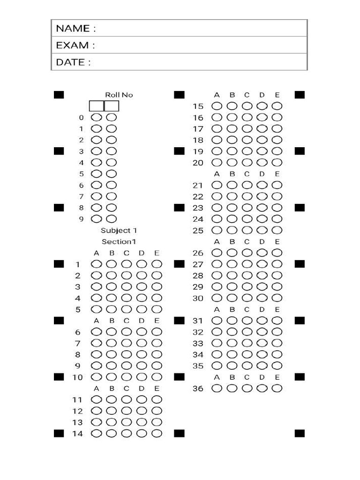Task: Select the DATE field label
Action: (x=74, y=62)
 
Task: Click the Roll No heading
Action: (x=119, y=95)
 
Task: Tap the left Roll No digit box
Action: (x=97, y=106)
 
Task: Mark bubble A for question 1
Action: (x=97, y=264)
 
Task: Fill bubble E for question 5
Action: (x=157, y=309)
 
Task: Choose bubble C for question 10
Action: (x=127, y=377)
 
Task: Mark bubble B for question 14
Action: (x=112, y=434)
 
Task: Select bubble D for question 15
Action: (x=262, y=106)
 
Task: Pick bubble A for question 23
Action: (x=217, y=208)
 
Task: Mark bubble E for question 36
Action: (x=277, y=388)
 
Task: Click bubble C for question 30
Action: (x=247, y=298)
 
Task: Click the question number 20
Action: (x=198, y=163)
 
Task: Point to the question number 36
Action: (x=198, y=389)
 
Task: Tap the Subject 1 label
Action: (x=119, y=230)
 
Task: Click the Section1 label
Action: (x=119, y=241)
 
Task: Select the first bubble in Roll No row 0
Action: (x=97, y=117)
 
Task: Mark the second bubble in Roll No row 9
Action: (x=112, y=219)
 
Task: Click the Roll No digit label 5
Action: (x=81, y=174)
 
